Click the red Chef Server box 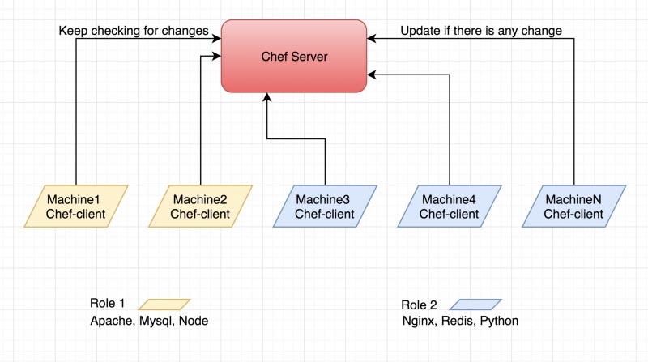click(x=295, y=57)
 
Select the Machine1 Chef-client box click(x=75, y=207)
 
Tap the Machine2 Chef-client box click(x=200, y=207)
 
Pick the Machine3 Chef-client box click(x=324, y=207)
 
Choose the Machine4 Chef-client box click(x=449, y=207)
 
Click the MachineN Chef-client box click(x=573, y=207)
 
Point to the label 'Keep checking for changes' click(x=134, y=32)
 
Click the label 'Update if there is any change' click(x=481, y=32)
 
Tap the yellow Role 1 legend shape click(x=164, y=305)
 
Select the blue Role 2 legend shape click(x=475, y=305)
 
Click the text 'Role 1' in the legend click(x=107, y=304)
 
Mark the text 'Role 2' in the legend click(x=419, y=305)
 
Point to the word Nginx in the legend click(x=419, y=322)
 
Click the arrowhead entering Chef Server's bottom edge click(x=266, y=96)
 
